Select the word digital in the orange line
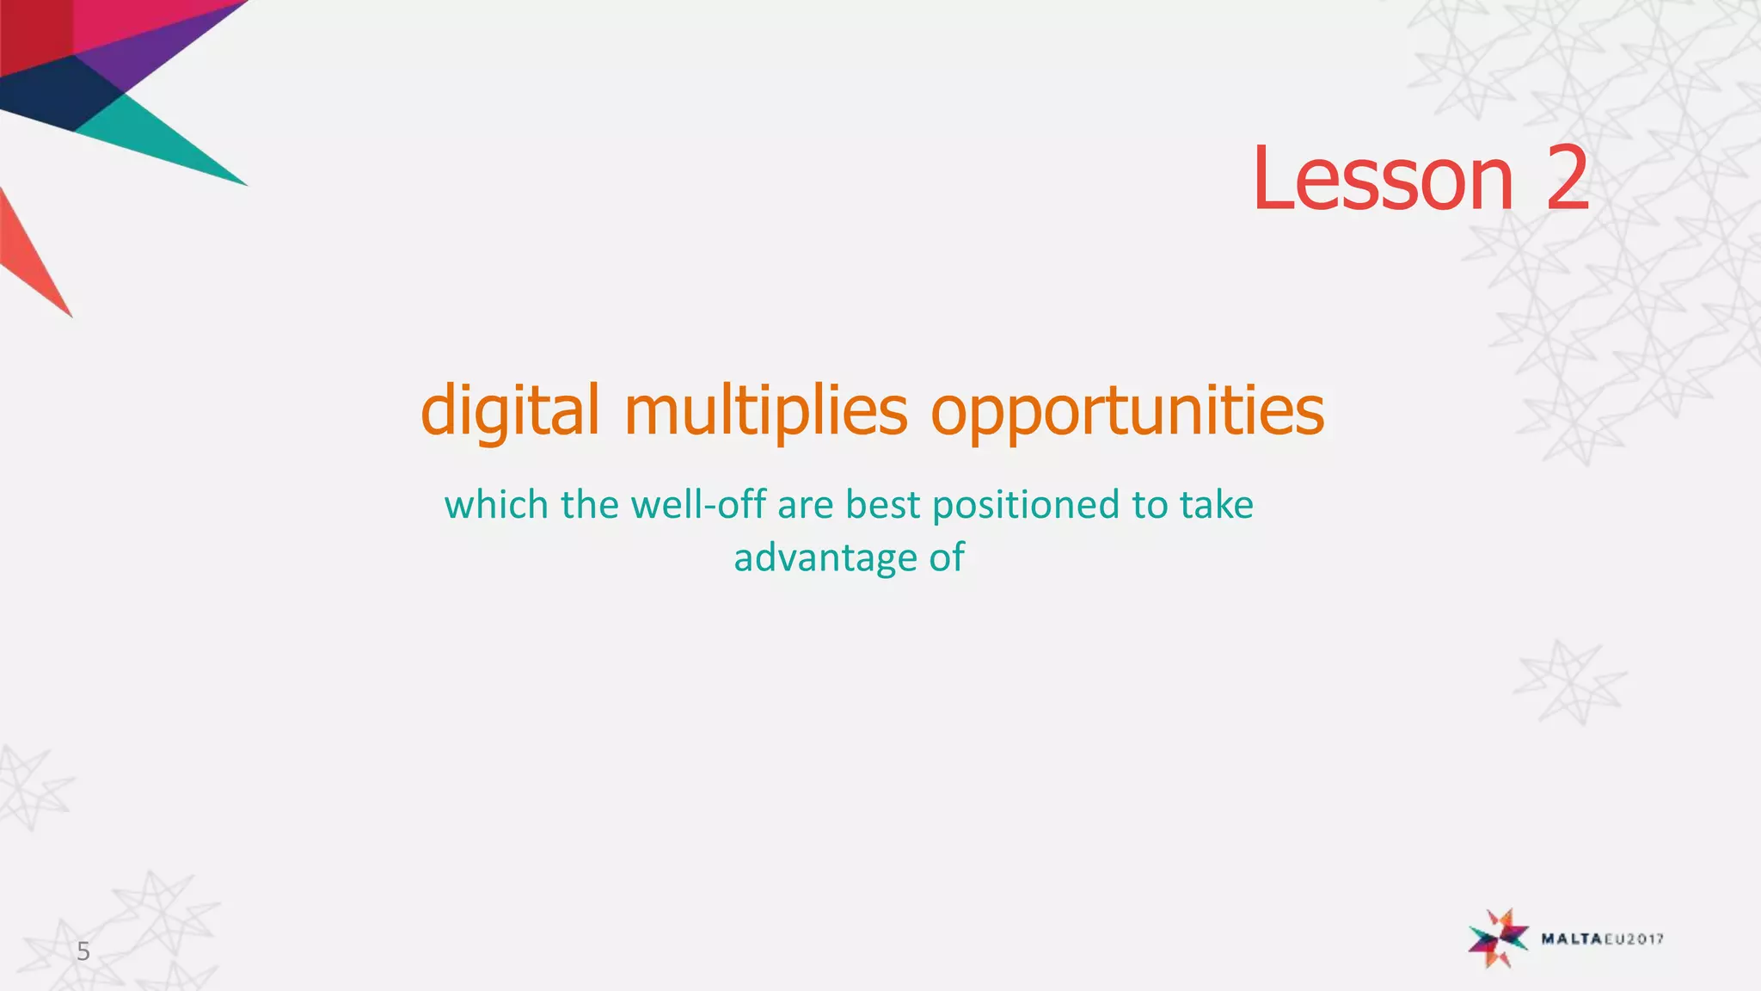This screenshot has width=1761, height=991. click(x=510, y=410)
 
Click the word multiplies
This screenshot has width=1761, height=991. click(x=765, y=410)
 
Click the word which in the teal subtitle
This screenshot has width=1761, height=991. click(x=496, y=504)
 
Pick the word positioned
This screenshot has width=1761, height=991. click(x=1027, y=506)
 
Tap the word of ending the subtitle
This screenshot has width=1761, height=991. click(x=947, y=557)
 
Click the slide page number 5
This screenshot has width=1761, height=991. click(x=83, y=951)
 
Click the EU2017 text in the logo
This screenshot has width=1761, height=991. click(x=1631, y=939)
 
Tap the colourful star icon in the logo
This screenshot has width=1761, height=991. click(x=1498, y=938)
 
